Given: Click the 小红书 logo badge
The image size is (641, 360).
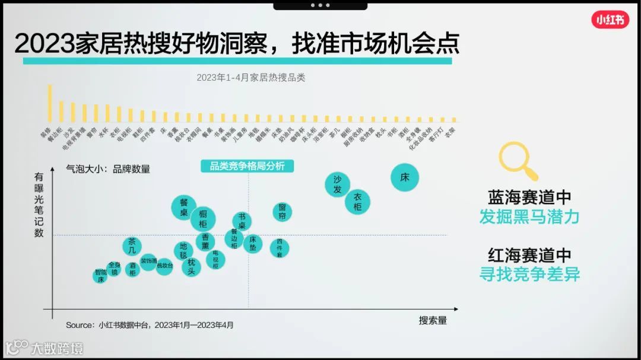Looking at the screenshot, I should (610, 20).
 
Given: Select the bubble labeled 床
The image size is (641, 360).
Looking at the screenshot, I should (405, 177).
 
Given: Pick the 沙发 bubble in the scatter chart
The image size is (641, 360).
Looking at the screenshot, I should (337, 184).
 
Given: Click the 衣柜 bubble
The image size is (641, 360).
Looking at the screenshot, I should (357, 202).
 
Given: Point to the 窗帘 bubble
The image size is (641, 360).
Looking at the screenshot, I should (282, 212).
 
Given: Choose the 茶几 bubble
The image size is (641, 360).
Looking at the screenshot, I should (132, 246).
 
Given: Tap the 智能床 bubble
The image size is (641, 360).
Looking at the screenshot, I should (101, 276).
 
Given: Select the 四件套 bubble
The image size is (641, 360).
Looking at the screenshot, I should (279, 247).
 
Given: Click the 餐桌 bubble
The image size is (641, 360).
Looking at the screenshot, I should (184, 207).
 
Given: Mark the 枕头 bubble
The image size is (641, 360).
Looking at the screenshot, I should (191, 266).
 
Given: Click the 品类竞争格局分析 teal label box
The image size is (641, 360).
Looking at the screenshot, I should (247, 166).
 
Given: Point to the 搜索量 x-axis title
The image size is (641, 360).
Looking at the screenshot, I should (433, 320).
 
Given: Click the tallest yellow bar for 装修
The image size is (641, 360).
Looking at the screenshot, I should (49, 103).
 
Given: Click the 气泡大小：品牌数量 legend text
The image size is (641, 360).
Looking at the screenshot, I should (108, 169).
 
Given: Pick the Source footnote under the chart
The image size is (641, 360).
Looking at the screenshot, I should (150, 325).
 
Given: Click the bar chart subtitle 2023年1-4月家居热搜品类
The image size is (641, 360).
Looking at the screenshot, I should (250, 78).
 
